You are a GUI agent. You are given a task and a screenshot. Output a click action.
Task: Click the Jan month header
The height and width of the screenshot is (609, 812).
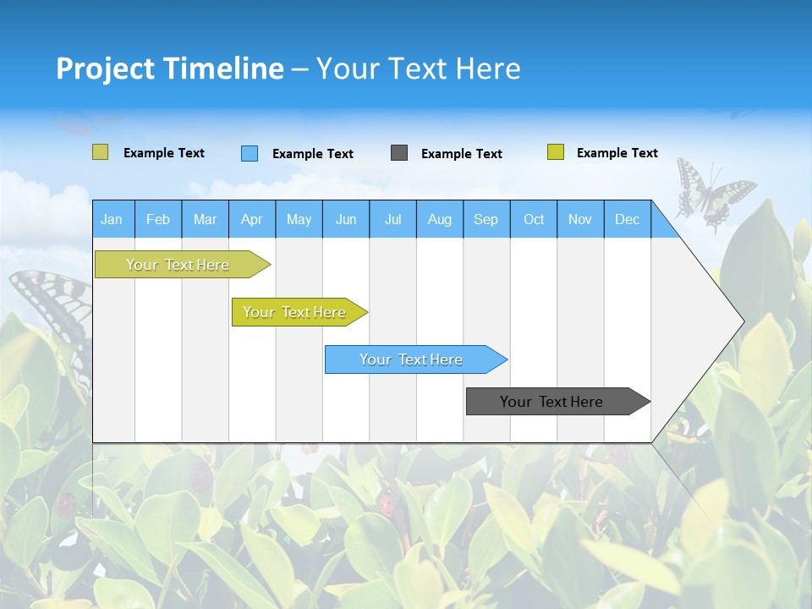112,219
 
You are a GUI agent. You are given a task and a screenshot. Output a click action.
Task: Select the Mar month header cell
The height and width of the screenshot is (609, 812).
205,219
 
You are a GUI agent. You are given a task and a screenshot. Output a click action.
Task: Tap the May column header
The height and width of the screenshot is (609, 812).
299,219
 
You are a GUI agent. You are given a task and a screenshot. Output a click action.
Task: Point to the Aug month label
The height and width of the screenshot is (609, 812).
439,219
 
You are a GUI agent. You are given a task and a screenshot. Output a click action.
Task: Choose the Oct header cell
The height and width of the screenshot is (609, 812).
534,219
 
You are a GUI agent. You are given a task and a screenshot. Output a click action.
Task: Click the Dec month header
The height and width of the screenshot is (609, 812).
627,219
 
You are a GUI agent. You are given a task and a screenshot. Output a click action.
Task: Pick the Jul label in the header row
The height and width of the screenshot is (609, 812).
392,219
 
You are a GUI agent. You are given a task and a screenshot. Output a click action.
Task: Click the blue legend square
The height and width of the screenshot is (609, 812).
250,153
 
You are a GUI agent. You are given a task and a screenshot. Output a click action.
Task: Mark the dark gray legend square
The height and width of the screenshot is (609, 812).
399,153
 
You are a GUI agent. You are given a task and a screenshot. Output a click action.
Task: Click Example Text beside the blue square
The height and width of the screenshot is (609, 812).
312,154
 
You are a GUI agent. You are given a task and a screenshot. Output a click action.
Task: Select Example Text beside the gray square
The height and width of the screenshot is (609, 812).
461,154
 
